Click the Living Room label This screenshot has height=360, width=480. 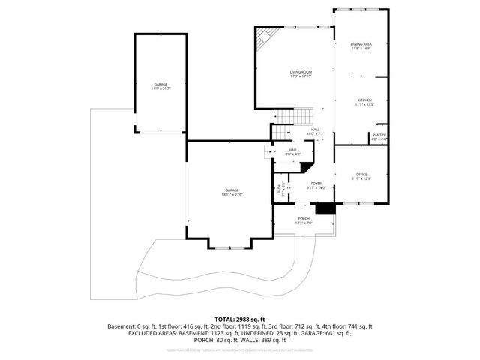[301, 72]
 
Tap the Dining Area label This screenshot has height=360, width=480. [361, 44]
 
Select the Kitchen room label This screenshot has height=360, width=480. [364, 100]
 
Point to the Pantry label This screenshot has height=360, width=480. [379, 136]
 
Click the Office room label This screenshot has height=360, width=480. [361, 174]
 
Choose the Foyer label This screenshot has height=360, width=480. [316, 184]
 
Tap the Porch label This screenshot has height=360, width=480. [304, 218]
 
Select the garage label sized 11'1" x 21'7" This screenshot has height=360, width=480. [160, 84]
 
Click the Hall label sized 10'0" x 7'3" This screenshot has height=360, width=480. [316, 130]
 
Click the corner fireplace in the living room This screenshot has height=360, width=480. [265, 35]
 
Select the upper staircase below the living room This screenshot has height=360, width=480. [293, 116]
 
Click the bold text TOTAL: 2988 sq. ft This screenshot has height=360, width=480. [241, 319]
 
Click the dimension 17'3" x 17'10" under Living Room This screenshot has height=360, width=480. [301, 76]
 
